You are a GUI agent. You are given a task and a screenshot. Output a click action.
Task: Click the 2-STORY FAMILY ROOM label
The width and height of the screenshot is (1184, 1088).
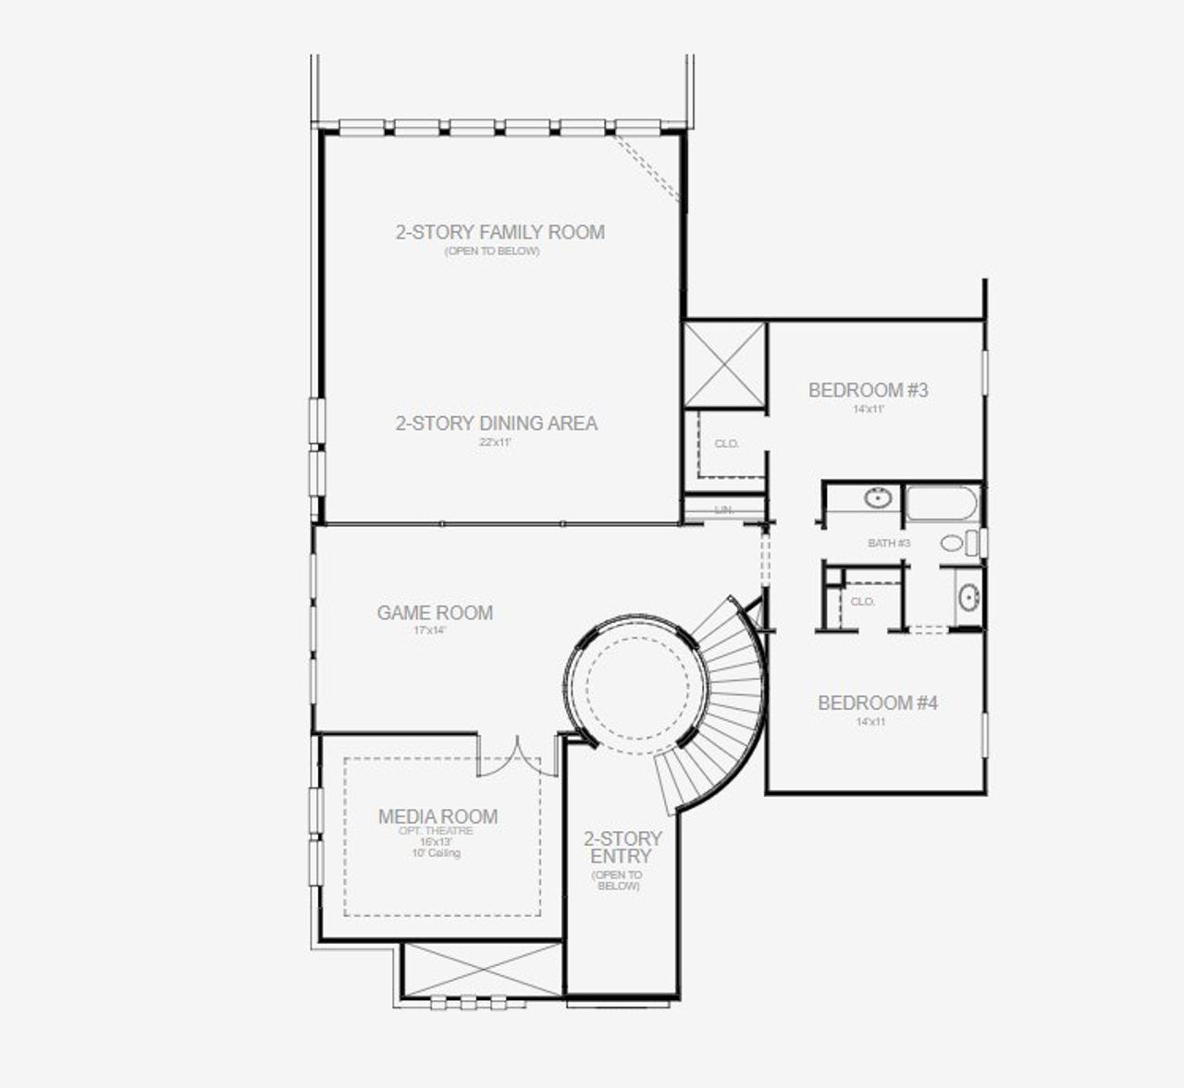[499, 232]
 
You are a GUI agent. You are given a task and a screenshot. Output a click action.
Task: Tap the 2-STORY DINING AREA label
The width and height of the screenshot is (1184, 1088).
[497, 423]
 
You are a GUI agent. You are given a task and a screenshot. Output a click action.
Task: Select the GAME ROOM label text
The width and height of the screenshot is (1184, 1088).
[435, 612]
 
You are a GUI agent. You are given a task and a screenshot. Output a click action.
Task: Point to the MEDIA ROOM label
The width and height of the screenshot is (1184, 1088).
[438, 816]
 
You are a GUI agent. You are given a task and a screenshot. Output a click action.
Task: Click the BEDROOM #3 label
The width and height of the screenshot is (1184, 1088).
[868, 390]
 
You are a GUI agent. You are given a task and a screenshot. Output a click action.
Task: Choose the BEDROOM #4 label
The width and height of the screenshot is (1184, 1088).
[877, 703]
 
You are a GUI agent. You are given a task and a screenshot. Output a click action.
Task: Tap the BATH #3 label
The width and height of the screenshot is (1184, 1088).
[889, 543]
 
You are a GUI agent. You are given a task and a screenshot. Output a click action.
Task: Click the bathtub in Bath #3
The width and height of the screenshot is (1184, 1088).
[942, 504]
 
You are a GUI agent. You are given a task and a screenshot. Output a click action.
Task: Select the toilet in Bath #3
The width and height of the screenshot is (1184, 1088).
[957, 543]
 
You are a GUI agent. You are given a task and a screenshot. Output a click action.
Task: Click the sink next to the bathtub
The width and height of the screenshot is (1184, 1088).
[876, 498]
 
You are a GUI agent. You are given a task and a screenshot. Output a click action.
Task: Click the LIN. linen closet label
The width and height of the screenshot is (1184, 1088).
[724, 510]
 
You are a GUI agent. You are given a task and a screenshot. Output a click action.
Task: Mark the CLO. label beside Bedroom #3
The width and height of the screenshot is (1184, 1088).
[727, 444]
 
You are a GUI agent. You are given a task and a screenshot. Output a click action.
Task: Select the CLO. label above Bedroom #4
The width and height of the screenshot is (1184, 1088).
[862, 602]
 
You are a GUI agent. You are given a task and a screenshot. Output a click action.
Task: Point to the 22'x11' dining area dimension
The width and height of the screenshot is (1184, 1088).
[495, 443]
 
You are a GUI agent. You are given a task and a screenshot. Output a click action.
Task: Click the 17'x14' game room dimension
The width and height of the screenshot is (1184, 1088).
[430, 630]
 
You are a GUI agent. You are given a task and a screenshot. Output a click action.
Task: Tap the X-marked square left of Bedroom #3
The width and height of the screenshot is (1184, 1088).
[724, 363]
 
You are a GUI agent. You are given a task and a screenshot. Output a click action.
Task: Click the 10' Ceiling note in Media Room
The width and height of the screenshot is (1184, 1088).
[436, 853]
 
